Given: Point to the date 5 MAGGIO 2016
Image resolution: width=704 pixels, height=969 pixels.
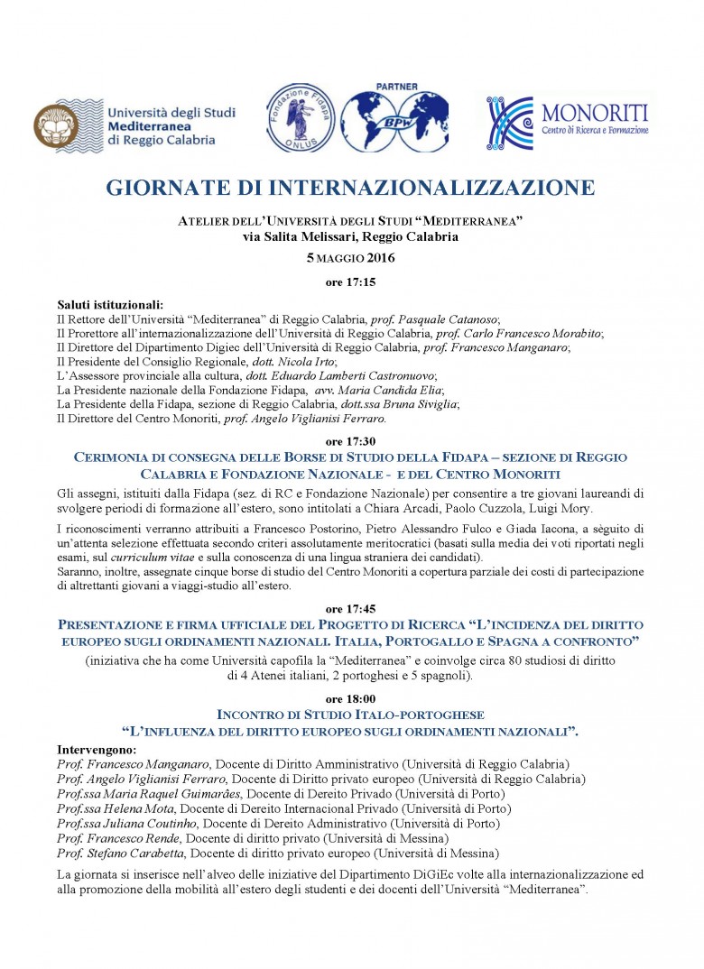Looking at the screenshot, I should (x=351, y=258).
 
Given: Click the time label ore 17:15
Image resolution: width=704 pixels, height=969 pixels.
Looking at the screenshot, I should (x=351, y=282).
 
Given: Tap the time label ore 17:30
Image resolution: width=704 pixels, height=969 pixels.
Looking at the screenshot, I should (x=351, y=442).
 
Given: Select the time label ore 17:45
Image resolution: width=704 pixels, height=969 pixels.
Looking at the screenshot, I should (x=351, y=609).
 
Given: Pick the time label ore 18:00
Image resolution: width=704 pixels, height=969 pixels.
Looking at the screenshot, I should (x=351, y=699).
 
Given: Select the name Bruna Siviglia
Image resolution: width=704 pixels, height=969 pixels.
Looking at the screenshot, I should (x=422, y=403).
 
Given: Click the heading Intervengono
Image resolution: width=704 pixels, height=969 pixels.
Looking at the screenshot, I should (x=97, y=750).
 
